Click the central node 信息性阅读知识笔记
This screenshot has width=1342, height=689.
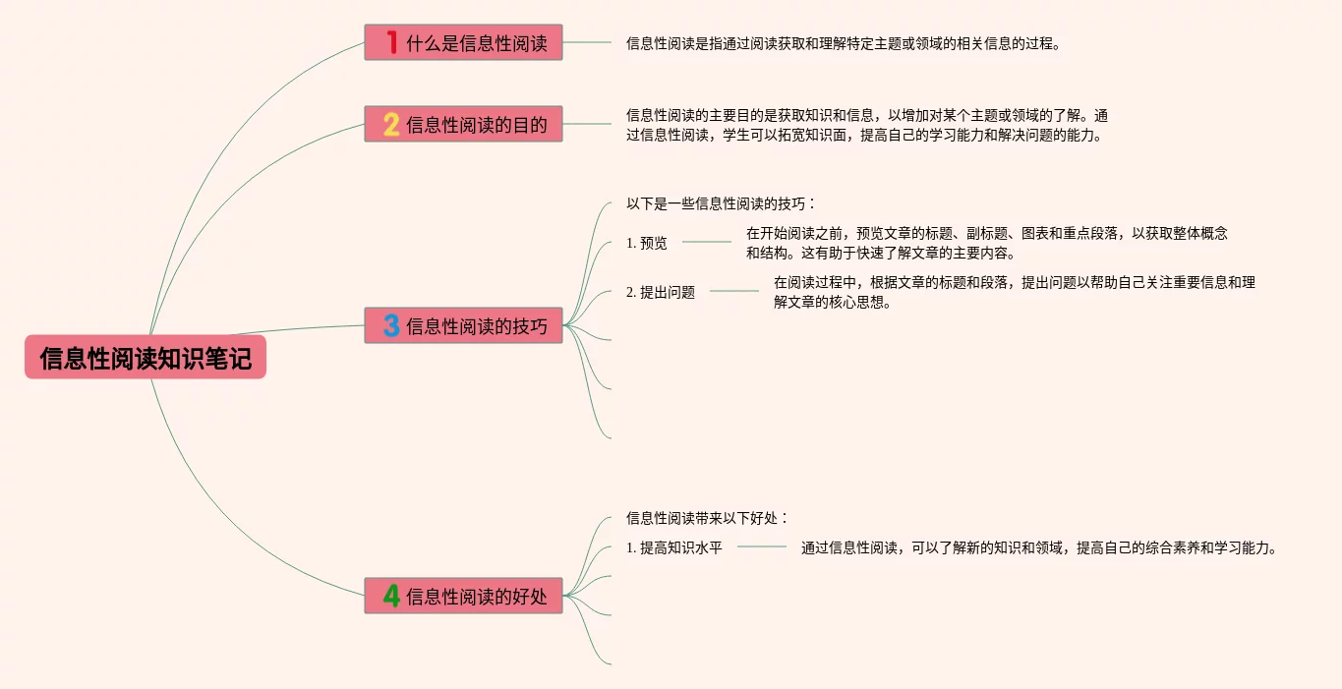pyautogui.click(x=146, y=359)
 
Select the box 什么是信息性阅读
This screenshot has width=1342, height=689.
pyautogui.click(x=463, y=42)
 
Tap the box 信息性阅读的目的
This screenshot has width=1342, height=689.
pyautogui.click(x=463, y=124)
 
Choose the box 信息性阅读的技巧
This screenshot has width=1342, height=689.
pyautogui.click(x=463, y=325)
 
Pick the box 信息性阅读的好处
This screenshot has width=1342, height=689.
pyautogui.click(x=463, y=596)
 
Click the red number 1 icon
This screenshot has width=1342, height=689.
pyautogui.click(x=391, y=42)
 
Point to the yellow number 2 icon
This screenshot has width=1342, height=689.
pyautogui.click(x=391, y=125)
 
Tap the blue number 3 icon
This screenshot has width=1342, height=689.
pyautogui.click(x=391, y=325)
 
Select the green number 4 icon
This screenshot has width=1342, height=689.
pyautogui.click(x=391, y=596)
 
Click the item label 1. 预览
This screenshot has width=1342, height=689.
pyautogui.click(x=646, y=243)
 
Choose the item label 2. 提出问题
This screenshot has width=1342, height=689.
pyautogui.click(x=660, y=292)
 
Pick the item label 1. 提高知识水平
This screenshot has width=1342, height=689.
pyautogui.click(x=673, y=548)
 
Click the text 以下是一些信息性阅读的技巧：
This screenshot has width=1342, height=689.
pyautogui.click(x=721, y=203)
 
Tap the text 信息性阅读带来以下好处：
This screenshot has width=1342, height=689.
pyautogui.click(x=707, y=518)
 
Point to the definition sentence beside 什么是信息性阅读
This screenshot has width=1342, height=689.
pyautogui.click(x=844, y=43)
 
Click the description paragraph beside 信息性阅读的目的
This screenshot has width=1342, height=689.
pyautogui.click(x=867, y=125)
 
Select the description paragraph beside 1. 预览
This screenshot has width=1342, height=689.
pyautogui.click(x=986, y=243)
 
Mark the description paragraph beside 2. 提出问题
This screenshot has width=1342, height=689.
pyautogui.click(x=1014, y=292)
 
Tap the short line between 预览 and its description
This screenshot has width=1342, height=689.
pyautogui.click(x=706, y=242)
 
